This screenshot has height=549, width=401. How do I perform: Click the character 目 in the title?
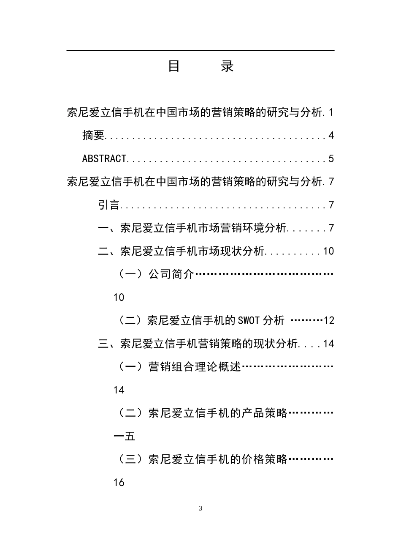[x=174, y=66]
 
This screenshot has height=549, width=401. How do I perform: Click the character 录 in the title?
[x=227, y=66]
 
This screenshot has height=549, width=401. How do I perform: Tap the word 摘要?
[x=93, y=136]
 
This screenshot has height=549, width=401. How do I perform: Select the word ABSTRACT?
[x=104, y=159]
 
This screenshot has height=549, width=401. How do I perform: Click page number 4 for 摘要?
[x=331, y=136]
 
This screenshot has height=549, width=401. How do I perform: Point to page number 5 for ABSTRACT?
[x=331, y=159]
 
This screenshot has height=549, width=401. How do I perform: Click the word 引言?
[x=109, y=205]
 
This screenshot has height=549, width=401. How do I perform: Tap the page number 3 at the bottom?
[x=200, y=508]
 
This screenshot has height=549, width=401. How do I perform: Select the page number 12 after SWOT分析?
[x=329, y=321]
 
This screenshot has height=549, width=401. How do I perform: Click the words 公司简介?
[x=171, y=275]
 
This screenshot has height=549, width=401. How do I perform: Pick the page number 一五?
[x=125, y=436]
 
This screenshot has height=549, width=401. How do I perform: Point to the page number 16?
[x=119, y=482]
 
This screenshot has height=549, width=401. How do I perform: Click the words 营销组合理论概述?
[x=195, y=367]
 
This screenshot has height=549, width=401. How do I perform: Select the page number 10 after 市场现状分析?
[x=328, y=251]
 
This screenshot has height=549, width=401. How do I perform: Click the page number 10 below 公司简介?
[x=119, y=298]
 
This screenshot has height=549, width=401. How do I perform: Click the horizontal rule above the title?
[x=200, y=51]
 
